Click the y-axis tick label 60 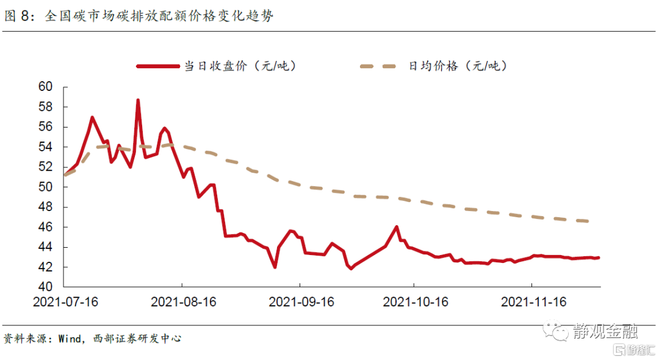pyautogui.click(x=45, y=87)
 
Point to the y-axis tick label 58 pyautogui.click(x=45, y=107)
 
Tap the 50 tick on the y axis pyautogui.click(x=45, y=187)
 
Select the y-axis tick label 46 pyautogui.click(x=45, y=228)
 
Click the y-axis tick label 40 pyautogui.click(x=45, y=287)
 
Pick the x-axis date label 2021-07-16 pyautogui.click(x=65, y=302)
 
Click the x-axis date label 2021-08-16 pyautogui.click(x=184, y=302)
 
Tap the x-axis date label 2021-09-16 pyautogui.click(x=301, y=302)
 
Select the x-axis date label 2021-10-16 pyautogui.click(x=416, y=302)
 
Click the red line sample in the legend pyautogui.click(x=157, y=66)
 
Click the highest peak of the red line pyautogui.click(x=138, y=100)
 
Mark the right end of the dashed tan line pyautogui.click(x=589, y=221)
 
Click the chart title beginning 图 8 pyautogui.click(x=139, y=16)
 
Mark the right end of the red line pyautogui.click(x=599, y=257)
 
